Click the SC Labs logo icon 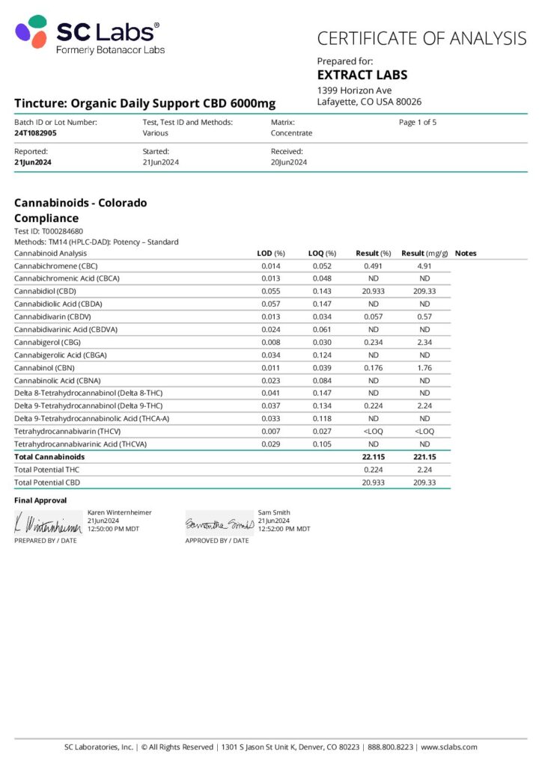pos(31,33)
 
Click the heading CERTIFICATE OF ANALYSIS pos(421,38)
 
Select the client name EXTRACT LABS pos(362,75)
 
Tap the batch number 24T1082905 pos(35,133)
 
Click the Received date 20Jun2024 pos(289,162)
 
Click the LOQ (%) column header pos(322,254)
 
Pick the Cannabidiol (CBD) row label pos(45,291)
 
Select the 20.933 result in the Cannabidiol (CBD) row pos(373,291)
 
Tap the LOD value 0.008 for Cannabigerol pos(271,342)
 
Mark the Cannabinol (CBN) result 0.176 pos(373,367)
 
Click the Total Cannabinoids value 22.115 pos(373,456)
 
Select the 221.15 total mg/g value pos(424,456)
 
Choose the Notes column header pos(465,254)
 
